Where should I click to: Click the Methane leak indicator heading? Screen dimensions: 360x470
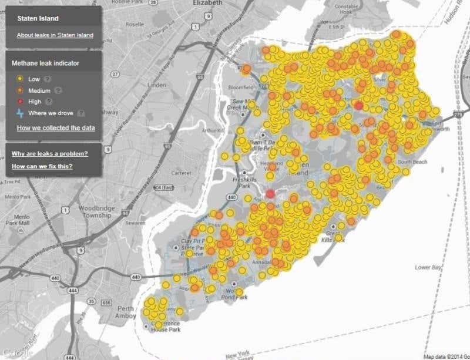click(x=46, y=62)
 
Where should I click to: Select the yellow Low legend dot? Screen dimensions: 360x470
click(x=20, y=79)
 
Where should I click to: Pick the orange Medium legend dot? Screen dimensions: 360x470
click(x=20, y=90)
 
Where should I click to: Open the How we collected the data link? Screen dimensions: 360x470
click(x=56, y=127)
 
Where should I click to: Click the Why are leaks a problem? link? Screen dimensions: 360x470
click(x=49, y=154)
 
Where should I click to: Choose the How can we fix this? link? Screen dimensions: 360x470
click(x=42, y=166)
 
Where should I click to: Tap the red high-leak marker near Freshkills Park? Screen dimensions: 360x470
click(x=271, y=194)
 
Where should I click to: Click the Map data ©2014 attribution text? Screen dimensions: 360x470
click(x=446, y=355)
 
